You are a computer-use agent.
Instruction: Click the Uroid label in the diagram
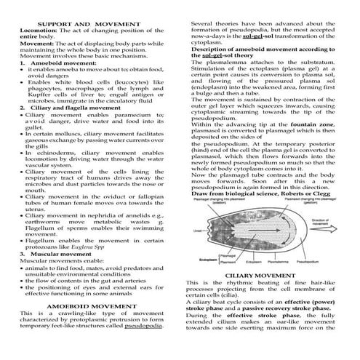[x=196, y=231]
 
